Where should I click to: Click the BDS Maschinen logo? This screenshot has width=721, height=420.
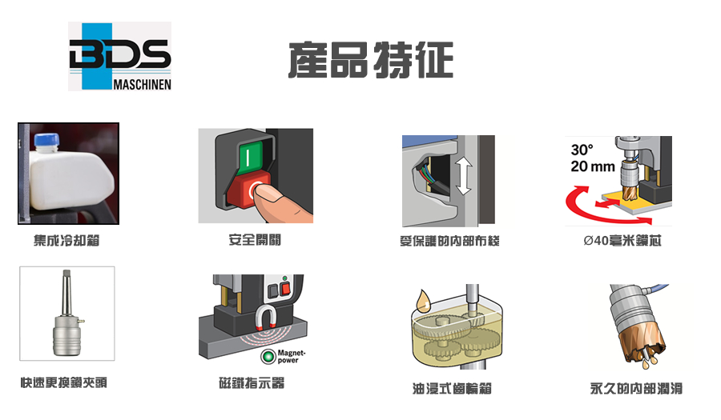[119, 56]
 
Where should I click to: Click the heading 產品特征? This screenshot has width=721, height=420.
[371, 60]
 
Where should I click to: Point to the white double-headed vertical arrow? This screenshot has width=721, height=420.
[464, 176]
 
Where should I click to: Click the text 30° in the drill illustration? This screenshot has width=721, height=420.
[582, 150]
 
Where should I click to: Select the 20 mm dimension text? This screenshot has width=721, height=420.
[592, 166]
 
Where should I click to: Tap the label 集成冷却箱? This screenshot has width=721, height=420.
[66, 240]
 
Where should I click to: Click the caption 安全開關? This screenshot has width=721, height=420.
[255, 240]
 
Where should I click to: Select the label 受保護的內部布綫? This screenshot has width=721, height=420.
[449, 241]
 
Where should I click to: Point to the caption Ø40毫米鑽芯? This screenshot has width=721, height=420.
[622, 240]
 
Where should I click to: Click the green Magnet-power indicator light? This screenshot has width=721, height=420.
[268, 356]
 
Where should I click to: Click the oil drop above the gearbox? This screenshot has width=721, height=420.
[423, 300]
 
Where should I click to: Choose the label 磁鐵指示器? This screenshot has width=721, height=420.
[252, 383]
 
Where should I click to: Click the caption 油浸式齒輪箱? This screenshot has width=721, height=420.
[452, 389]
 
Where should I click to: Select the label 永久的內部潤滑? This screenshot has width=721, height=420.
[636, 389]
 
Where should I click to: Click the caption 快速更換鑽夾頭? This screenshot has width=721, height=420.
[63, 382]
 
